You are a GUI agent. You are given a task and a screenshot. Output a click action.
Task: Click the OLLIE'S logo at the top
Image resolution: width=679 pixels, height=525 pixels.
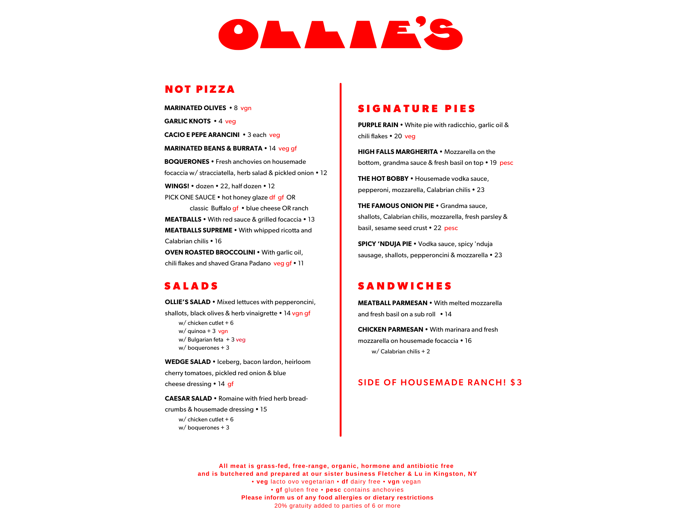tap(341, 33)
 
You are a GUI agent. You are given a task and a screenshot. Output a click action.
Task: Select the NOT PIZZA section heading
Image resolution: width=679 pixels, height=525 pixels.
tap(200, 89)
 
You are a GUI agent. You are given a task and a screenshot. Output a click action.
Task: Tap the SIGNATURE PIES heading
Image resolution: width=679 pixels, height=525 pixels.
tap(416, 109)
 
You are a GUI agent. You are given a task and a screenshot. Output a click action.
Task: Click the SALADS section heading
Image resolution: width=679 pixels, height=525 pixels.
tap(191, 286)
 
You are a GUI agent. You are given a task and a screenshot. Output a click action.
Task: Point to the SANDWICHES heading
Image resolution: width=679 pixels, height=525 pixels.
tap(405, 286)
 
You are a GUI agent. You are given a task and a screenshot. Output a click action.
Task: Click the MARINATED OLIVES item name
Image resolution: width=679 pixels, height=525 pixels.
tap(195, 108)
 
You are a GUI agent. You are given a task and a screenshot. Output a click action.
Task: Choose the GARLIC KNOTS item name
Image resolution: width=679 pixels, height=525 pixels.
tap(187, 121)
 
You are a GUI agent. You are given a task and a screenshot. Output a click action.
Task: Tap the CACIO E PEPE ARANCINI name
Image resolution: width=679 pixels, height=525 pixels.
tap(202, 135)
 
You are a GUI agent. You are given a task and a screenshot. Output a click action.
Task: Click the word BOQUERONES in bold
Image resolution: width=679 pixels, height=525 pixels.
tap(187, 162)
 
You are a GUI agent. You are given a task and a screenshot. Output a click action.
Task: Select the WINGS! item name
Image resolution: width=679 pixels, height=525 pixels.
tap(177, 186)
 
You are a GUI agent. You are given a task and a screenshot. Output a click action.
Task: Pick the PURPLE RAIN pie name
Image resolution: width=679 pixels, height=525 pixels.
tap(378, 125)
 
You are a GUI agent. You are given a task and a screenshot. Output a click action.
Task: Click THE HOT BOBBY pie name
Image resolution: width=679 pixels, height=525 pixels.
tap(383, 179)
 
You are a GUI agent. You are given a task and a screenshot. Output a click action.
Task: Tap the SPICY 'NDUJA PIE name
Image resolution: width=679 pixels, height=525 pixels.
tap(385, 244)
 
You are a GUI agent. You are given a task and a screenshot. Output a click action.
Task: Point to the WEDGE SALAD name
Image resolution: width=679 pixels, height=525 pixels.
tap(188, 362)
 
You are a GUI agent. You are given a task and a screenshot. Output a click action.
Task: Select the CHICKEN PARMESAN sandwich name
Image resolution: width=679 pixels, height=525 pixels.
tap(390, 330)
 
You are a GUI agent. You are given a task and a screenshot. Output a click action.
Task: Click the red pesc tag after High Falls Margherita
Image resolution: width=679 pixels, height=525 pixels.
tap(506, 163)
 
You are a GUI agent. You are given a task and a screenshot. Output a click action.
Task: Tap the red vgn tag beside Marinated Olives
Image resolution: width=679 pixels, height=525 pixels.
tap(246, 108)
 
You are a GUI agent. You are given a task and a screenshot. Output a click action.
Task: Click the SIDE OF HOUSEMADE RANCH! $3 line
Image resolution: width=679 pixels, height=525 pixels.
tap(440, 383)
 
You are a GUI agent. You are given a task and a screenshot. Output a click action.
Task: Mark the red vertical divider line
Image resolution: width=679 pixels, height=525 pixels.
tap(341, 260)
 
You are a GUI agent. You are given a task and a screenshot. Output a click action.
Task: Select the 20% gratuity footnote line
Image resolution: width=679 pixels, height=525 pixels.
tap(337, 506)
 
